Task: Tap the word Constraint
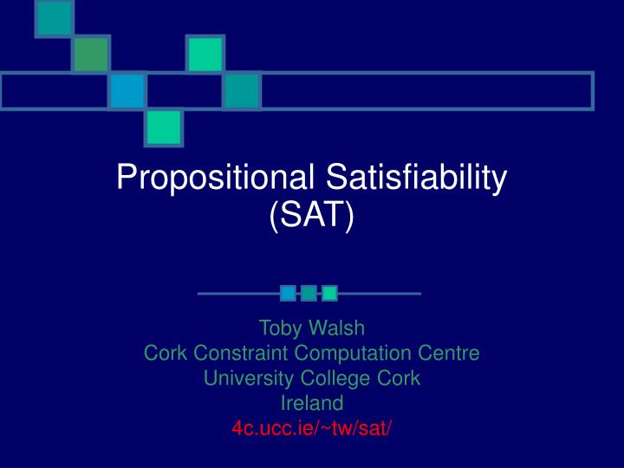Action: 237,353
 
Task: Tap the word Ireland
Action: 312,403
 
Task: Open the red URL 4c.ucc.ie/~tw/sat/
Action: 312,428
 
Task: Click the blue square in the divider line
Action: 288,293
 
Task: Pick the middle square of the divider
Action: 309,293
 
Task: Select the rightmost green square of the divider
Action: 329,293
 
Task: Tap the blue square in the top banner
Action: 127,91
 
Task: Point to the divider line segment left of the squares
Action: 238,294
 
